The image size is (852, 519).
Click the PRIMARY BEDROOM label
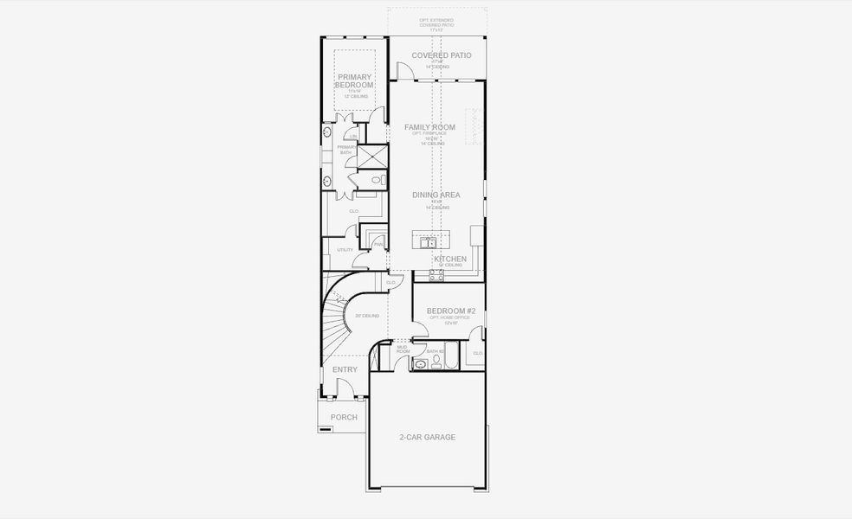354,81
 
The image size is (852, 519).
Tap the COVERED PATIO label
442,55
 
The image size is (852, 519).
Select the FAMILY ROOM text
429,127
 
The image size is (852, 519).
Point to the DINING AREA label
436,195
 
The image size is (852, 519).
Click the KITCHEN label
450,259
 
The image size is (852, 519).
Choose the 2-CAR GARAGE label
427,437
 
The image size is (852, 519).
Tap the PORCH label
344,417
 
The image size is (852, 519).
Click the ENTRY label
345,369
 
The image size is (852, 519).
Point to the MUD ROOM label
403,349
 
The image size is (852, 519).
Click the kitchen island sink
428,243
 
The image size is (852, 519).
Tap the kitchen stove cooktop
436,275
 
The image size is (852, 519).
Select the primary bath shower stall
373,157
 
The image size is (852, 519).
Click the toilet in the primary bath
377,180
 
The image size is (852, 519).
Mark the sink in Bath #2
421,365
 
